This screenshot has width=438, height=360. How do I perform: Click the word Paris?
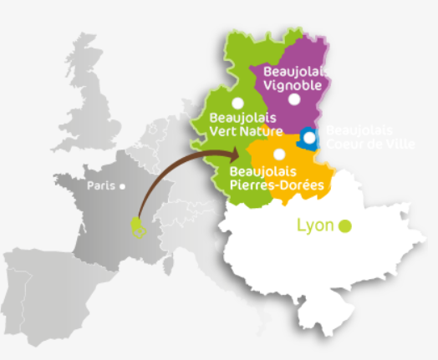(100, 186)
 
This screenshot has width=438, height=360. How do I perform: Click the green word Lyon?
(315, 226)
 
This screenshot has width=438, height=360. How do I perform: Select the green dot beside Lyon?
(344, 226)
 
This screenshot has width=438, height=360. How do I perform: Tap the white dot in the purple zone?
(293, 99)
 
